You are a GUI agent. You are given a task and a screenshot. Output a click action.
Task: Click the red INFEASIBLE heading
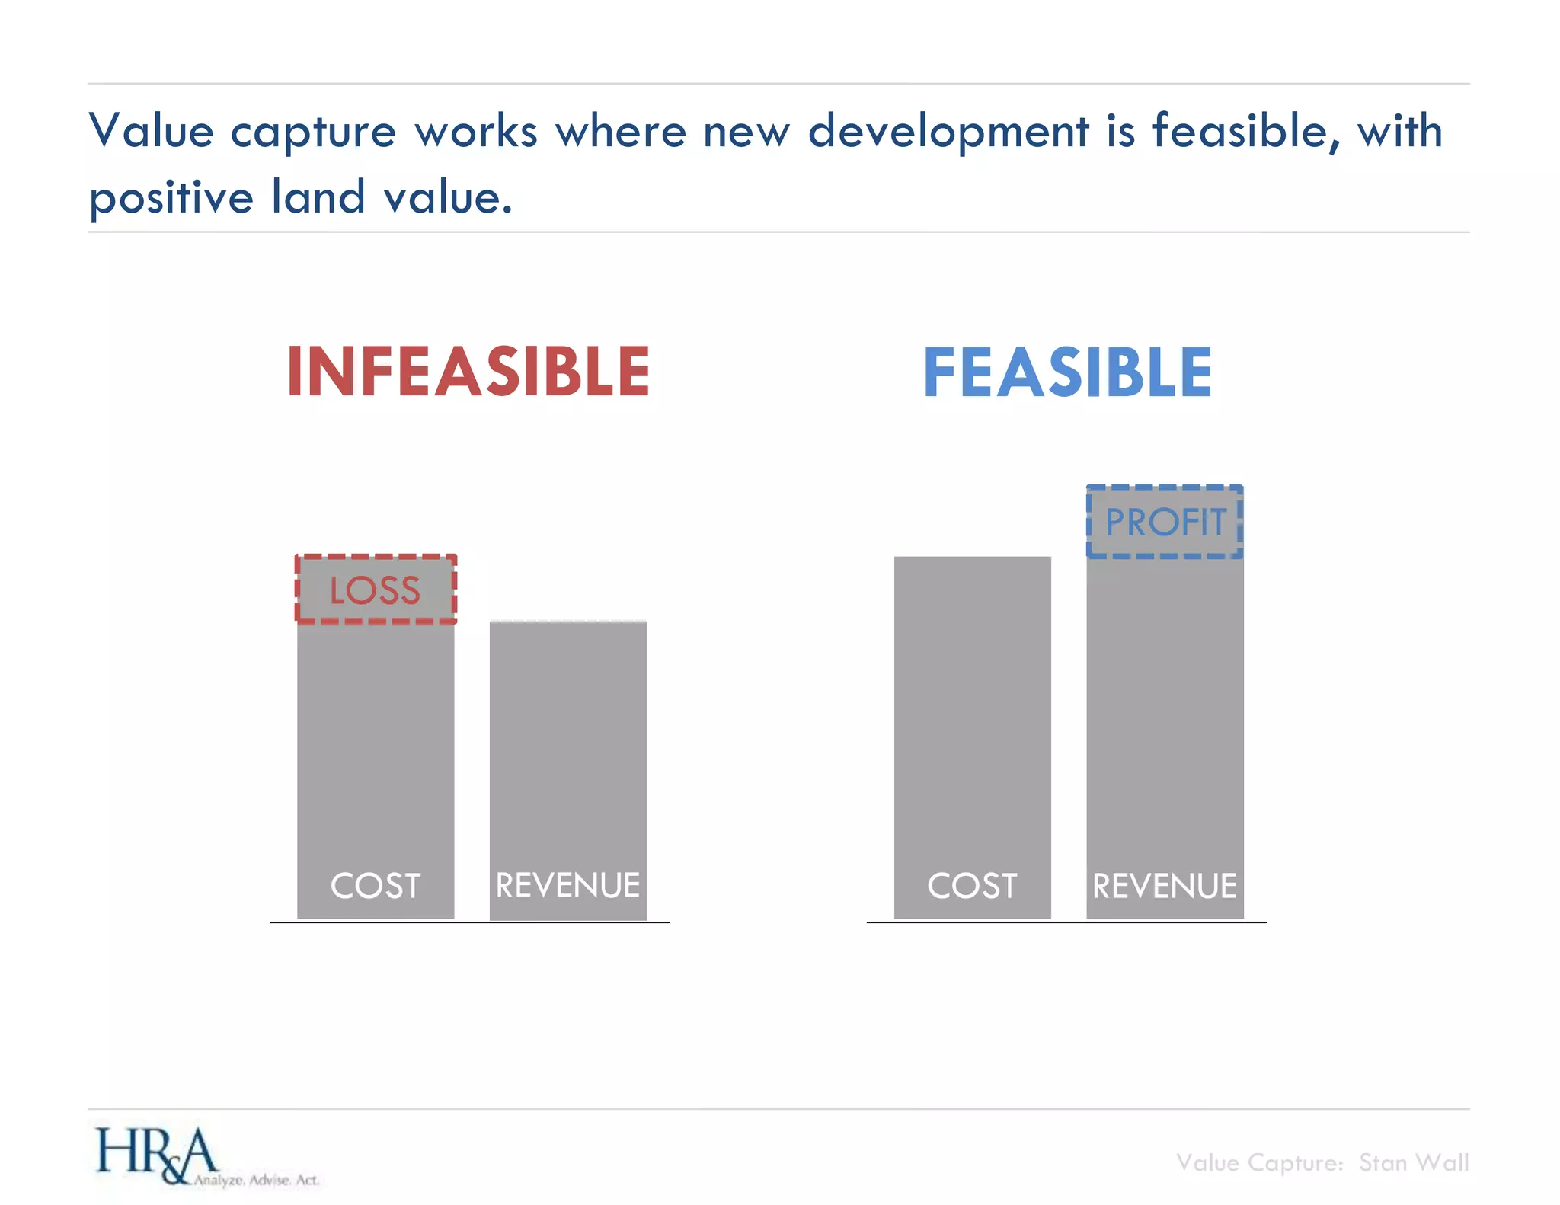coord(468,372)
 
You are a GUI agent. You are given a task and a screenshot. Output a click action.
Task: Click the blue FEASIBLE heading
coord(1067,372)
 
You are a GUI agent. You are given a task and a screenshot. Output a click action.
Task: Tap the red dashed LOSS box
coord(376,590)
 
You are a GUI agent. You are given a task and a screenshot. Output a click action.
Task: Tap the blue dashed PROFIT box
coord(1165,523)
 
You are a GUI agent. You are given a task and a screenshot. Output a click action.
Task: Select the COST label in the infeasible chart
coord(376,886)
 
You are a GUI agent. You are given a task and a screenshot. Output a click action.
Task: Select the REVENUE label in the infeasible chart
coord(568,886)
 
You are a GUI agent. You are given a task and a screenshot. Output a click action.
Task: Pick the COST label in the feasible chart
coord(972,886)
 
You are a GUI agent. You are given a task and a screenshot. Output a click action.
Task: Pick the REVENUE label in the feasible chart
coord(1165,886)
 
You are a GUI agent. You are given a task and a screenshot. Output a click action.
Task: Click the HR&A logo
coord(156,1154)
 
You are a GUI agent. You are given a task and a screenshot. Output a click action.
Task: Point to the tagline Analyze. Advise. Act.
coord(256,1180)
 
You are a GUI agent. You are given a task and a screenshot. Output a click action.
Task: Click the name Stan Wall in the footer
coord(1414,1163)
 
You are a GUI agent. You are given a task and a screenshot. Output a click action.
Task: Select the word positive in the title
coord(171,199)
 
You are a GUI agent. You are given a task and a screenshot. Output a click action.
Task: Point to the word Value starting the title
coord(152,131)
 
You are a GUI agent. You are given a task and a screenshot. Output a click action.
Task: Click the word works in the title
coord(476,131)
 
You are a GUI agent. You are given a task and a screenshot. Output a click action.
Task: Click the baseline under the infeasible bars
coord(469,922)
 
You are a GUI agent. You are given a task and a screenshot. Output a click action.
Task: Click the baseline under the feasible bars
coord(1066,922)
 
